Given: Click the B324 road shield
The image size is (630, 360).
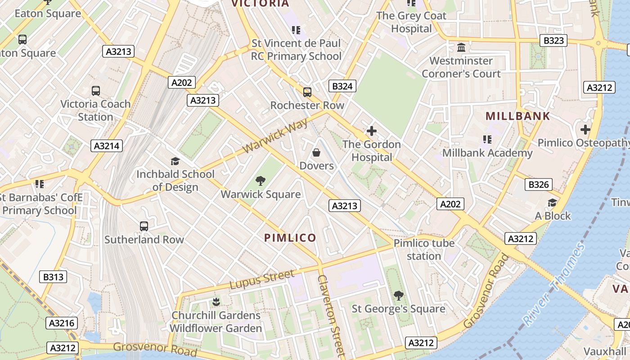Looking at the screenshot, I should coord(342,86).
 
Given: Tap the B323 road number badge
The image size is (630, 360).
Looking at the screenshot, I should coord(553,40).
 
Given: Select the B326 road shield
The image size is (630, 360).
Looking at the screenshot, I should coord(538,184).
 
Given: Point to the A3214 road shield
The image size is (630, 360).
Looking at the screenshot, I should coord(107,145).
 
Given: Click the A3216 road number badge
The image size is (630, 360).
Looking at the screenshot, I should coord(62,323).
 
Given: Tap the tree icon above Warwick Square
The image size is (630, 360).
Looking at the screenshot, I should coord(260,181).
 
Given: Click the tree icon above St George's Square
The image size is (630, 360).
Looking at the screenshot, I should coord(398,296).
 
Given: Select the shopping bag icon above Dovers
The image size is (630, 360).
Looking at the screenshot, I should coord(316,153).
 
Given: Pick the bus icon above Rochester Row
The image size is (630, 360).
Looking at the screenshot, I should coord(307,92).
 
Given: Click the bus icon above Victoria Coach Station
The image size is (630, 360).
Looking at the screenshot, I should coord(96,90).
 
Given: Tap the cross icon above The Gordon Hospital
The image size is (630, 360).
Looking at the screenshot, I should coord(372,131).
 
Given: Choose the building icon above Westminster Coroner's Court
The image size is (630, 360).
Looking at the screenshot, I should coord(461,47).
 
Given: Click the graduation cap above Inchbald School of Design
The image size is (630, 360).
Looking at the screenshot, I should coord(175,161).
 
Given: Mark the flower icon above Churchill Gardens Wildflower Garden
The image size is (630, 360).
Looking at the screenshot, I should coord(216,302).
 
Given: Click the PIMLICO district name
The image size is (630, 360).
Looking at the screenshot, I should coord(290,238).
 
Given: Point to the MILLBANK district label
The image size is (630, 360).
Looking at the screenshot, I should coord(517,116).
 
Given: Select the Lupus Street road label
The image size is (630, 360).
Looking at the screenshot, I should coord(262,279).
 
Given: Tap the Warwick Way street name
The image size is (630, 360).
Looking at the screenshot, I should coord(275,135).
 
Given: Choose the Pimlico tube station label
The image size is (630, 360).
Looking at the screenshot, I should coord(424,249).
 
